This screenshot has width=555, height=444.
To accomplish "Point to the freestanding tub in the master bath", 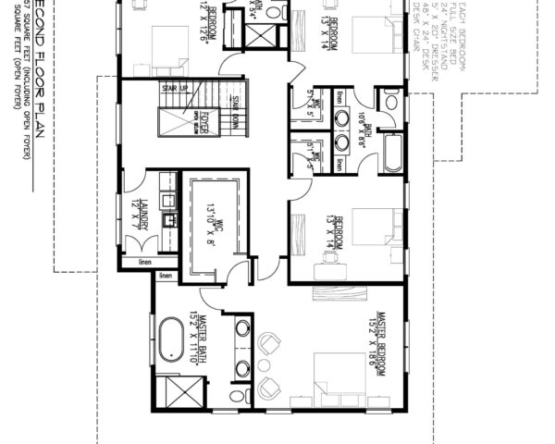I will coord(172,339).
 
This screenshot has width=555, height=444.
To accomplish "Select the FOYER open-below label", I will coord(199,119).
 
